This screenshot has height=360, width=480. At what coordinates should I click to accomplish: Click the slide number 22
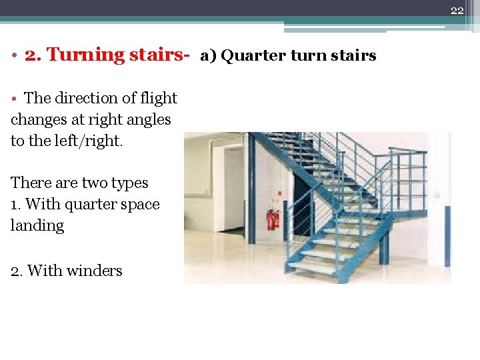pos(457,10)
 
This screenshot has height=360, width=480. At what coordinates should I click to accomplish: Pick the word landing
pos(37,225)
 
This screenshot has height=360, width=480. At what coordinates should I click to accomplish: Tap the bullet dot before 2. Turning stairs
pos(14,55)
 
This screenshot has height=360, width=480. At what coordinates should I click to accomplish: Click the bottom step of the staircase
pos(313,269)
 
